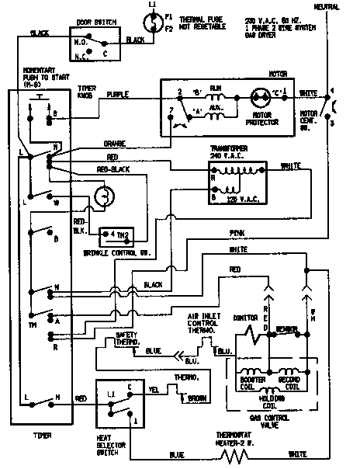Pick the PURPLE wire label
coord(119,94)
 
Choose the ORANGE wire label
coord(114,143)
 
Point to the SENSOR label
coord(287,329)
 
